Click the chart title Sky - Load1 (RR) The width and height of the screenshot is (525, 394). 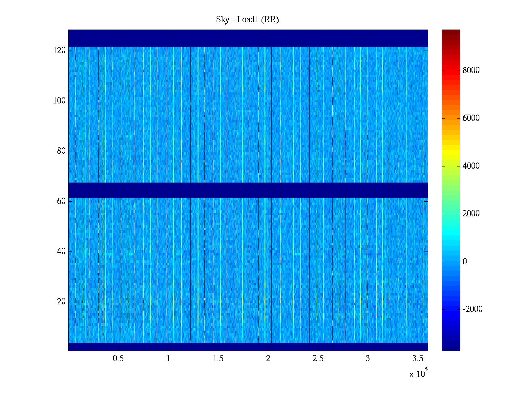[247, 20]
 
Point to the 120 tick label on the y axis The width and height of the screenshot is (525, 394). [59, 51]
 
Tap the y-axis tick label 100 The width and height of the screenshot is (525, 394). [59, 101]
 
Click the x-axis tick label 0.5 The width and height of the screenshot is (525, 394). [118, 359]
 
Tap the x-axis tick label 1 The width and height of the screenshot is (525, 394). [168, 359]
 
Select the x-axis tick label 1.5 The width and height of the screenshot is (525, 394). [218, 359]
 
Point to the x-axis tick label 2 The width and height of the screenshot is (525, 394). [268, 359]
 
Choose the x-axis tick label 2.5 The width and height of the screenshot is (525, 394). [318, 359]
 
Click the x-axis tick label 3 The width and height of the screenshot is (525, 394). [368, 359]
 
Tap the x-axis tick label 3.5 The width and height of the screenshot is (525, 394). [418, 359]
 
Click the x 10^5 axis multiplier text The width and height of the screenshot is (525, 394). [418, 374]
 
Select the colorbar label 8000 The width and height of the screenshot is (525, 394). [471, 71]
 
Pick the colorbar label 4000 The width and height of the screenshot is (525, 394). [471, 166]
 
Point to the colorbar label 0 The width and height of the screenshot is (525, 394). [465, 262]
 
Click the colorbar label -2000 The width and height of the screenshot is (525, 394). [472, 309]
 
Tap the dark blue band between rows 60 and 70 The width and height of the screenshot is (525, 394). [248, 190]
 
